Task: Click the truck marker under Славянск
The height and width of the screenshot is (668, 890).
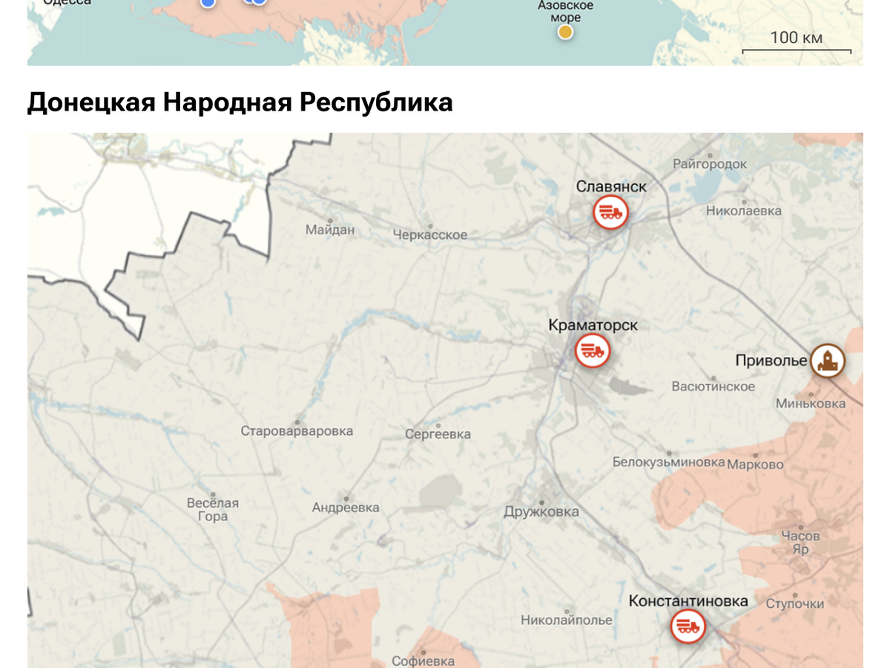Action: click(x=610, y=213)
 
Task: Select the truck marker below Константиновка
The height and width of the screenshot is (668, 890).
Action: click(x=688, y=627)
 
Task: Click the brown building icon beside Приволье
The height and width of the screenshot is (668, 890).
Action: click(x=827, y=361)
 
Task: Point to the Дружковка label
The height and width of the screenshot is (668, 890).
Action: click(x=541, y=511)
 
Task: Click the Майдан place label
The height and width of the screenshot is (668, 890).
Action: click(x=330, y=230)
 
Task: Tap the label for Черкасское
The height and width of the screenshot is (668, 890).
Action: click(x=430, y=235)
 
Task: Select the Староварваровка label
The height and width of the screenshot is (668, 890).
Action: click(x=297, y=430)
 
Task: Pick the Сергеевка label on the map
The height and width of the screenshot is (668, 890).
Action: click(x=438, y=434)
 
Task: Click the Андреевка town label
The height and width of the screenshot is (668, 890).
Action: click(x=346, y=508)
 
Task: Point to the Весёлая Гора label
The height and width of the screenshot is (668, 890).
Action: click(x=213, y=509)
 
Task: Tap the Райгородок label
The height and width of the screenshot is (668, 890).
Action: click(x=710, y=164)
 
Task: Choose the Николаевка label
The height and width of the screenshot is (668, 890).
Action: click(x=743, y=211)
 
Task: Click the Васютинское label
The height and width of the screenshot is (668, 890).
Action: click(x=713, y=386)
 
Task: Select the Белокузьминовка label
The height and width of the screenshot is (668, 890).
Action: click(x=668, y=462)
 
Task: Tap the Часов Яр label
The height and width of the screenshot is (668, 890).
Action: click(x=800, y=543)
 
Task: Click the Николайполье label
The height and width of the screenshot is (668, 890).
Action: click(x=567, y=620)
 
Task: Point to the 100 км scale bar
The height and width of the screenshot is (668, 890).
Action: click(x=797, y=45)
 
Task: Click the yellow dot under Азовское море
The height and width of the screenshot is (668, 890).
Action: click(x=565, y=32)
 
